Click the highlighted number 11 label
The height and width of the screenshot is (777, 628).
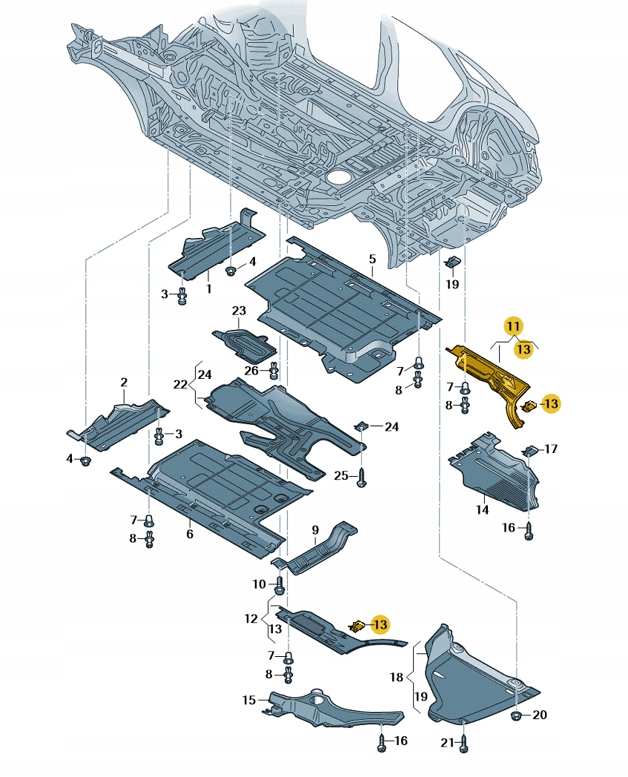(x=514, y=325)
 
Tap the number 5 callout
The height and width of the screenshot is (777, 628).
(x=372, y=259)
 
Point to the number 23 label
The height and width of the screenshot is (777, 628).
(x=239, y=310)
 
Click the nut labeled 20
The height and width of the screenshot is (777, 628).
(x=517, y=715)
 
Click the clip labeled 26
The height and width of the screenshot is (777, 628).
(x=274, y=368)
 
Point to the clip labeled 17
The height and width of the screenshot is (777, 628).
(x=530, y=451)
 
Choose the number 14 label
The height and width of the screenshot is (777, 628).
(x=482, y=510)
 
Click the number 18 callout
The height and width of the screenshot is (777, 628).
(x=397, y=677)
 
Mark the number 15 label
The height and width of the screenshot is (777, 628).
(x=248, y=699)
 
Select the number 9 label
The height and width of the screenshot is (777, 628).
(x=315, y=529)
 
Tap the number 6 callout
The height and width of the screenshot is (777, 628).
(x=190, y=534)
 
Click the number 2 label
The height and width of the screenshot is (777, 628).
(x=124, y=383)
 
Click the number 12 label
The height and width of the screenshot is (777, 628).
(x=250, y=618)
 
